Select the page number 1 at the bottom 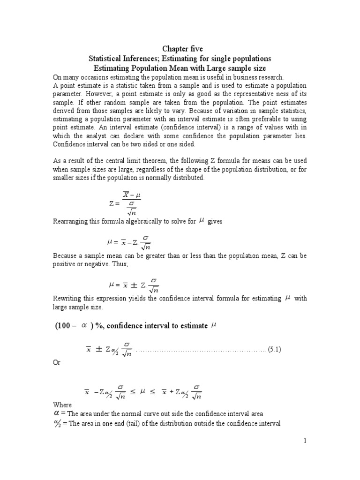point(304,441)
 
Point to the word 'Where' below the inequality point(62,405)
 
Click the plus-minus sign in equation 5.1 point(99,349)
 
